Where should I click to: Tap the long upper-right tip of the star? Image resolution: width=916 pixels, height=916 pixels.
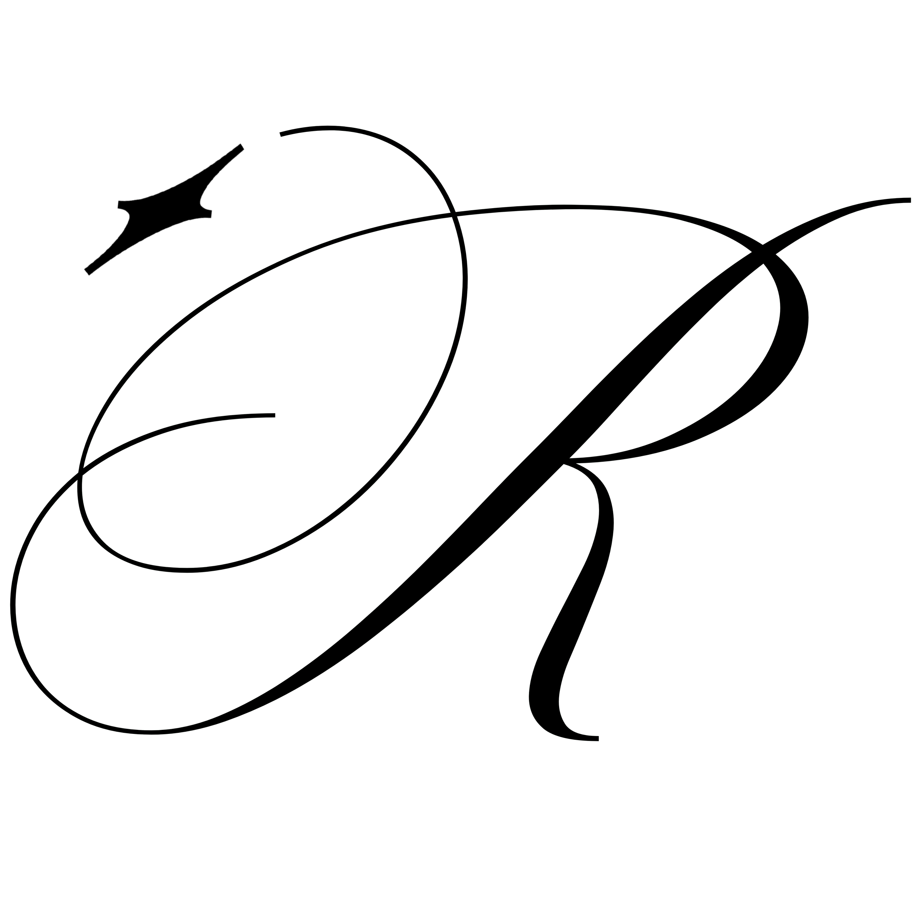[x=242, y=147]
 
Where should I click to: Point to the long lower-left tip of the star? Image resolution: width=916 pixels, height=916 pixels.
[x=87, y=271]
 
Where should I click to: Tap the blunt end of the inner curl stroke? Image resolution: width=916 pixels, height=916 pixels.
[x=274, y=415]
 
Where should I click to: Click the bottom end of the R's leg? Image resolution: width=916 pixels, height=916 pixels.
[x=598, y=738]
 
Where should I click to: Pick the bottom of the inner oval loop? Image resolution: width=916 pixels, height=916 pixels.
[x=185, y=570]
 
